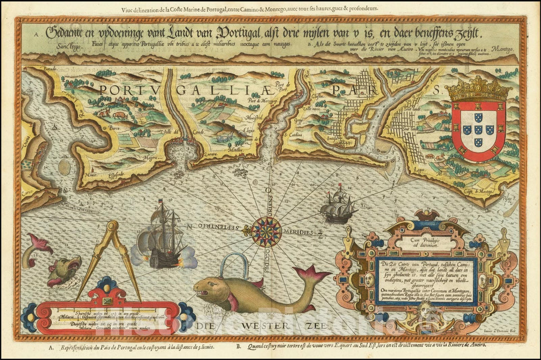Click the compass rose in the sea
pos(266,232)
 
